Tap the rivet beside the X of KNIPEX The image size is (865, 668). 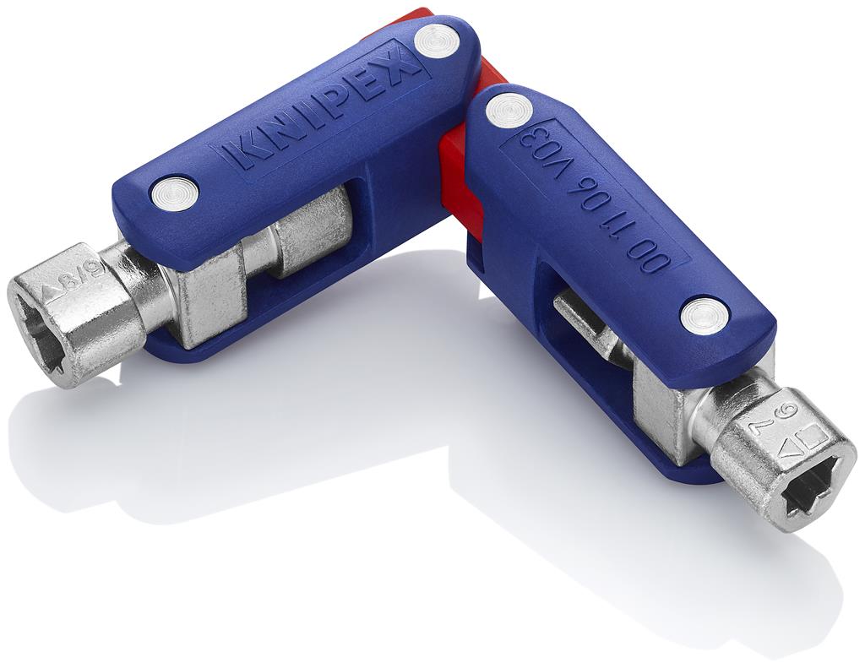(437, 40)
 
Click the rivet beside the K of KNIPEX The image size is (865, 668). (174, 193)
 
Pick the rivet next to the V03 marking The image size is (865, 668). (509, 110)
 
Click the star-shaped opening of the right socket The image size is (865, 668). (812, 486)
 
